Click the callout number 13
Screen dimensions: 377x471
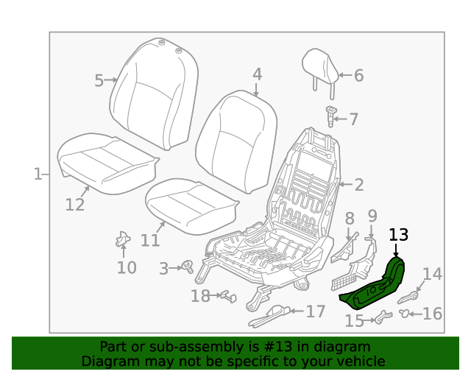398,235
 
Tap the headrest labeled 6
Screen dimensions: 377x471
322,66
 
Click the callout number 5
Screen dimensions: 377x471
99,80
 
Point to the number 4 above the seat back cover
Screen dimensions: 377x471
257,74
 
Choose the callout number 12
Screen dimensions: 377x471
75,204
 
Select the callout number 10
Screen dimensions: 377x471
127,267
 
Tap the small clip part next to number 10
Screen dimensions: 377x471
122,240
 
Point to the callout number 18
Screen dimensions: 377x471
200,296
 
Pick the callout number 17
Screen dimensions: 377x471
316,311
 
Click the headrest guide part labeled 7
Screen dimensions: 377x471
331,116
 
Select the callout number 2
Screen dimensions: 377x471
359,185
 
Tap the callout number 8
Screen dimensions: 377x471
350,218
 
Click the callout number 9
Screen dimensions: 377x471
372,216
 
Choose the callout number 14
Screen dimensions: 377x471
432,275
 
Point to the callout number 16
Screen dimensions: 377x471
432,314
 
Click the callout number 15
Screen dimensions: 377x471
355,320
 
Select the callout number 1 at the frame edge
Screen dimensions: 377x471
37,175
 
